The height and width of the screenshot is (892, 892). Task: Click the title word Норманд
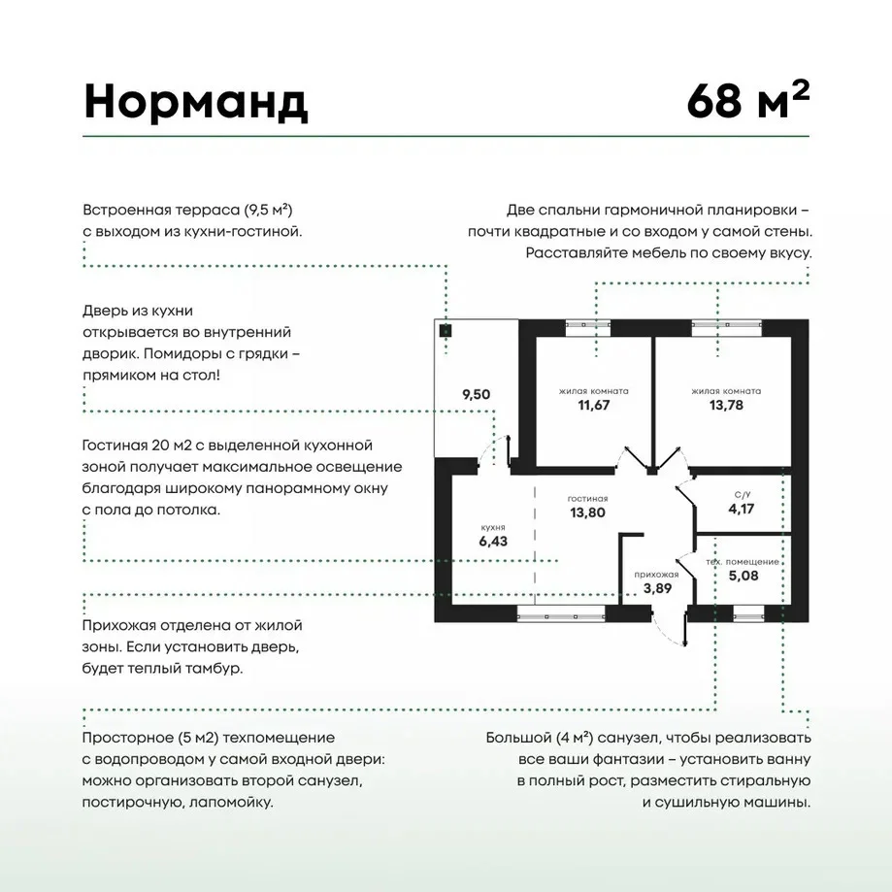pos(196,102)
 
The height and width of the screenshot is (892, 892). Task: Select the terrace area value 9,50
pos(477,394)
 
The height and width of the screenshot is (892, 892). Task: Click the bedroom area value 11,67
pos(593,405)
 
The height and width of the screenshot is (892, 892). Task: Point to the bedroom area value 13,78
pos(726,405)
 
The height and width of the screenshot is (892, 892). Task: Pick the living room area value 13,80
pos(587,512)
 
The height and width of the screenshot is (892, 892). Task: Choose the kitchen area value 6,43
pos(493,541)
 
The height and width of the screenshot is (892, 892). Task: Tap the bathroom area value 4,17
pos(742,509)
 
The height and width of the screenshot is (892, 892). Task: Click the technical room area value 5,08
pos(743,576)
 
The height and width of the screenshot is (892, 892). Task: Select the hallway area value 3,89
pos(657,588)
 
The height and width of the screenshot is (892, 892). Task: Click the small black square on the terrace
pos(446,331)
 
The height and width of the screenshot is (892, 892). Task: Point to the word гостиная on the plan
pos(587,499)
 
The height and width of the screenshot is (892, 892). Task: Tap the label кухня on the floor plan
pos(493,528)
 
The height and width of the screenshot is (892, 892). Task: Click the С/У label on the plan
pos(742,495)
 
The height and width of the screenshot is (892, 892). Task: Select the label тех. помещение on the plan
pos(743,562)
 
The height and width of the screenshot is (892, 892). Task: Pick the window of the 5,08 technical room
pos(748,613)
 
